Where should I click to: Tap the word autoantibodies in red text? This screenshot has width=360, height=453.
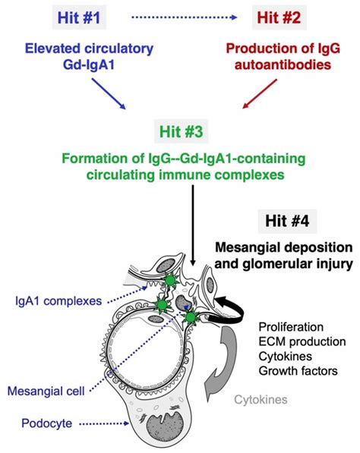(x=283, y=65)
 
